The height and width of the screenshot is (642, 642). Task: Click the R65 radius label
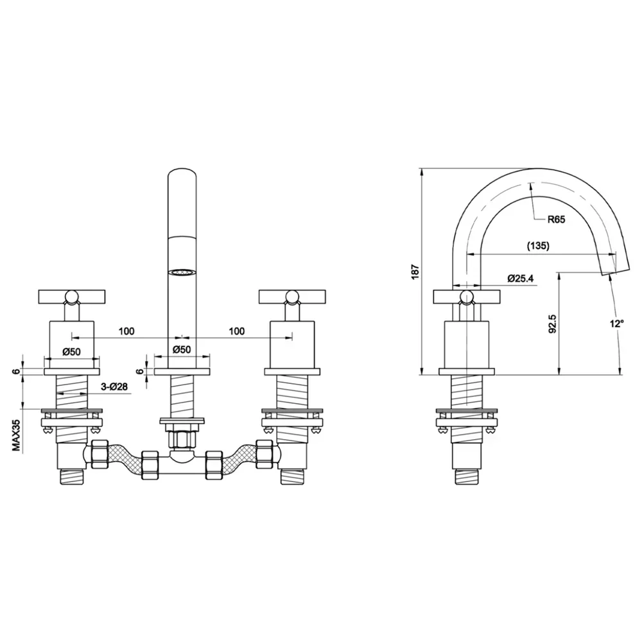[x=556, y=220]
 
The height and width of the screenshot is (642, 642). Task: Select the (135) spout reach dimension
[x=538, y=246]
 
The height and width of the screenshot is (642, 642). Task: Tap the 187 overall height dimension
[x=416, y=272]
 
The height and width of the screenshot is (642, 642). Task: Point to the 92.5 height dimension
[x=552, y=324]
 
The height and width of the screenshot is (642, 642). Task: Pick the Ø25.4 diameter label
[x=521, y=279]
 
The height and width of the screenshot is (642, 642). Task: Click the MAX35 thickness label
[x=17, y=435]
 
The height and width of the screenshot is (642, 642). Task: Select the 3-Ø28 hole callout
[x=114, y=386]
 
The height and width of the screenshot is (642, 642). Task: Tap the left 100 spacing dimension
[x=126, y=331]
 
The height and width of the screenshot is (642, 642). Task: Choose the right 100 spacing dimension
[x=237, y=331]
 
